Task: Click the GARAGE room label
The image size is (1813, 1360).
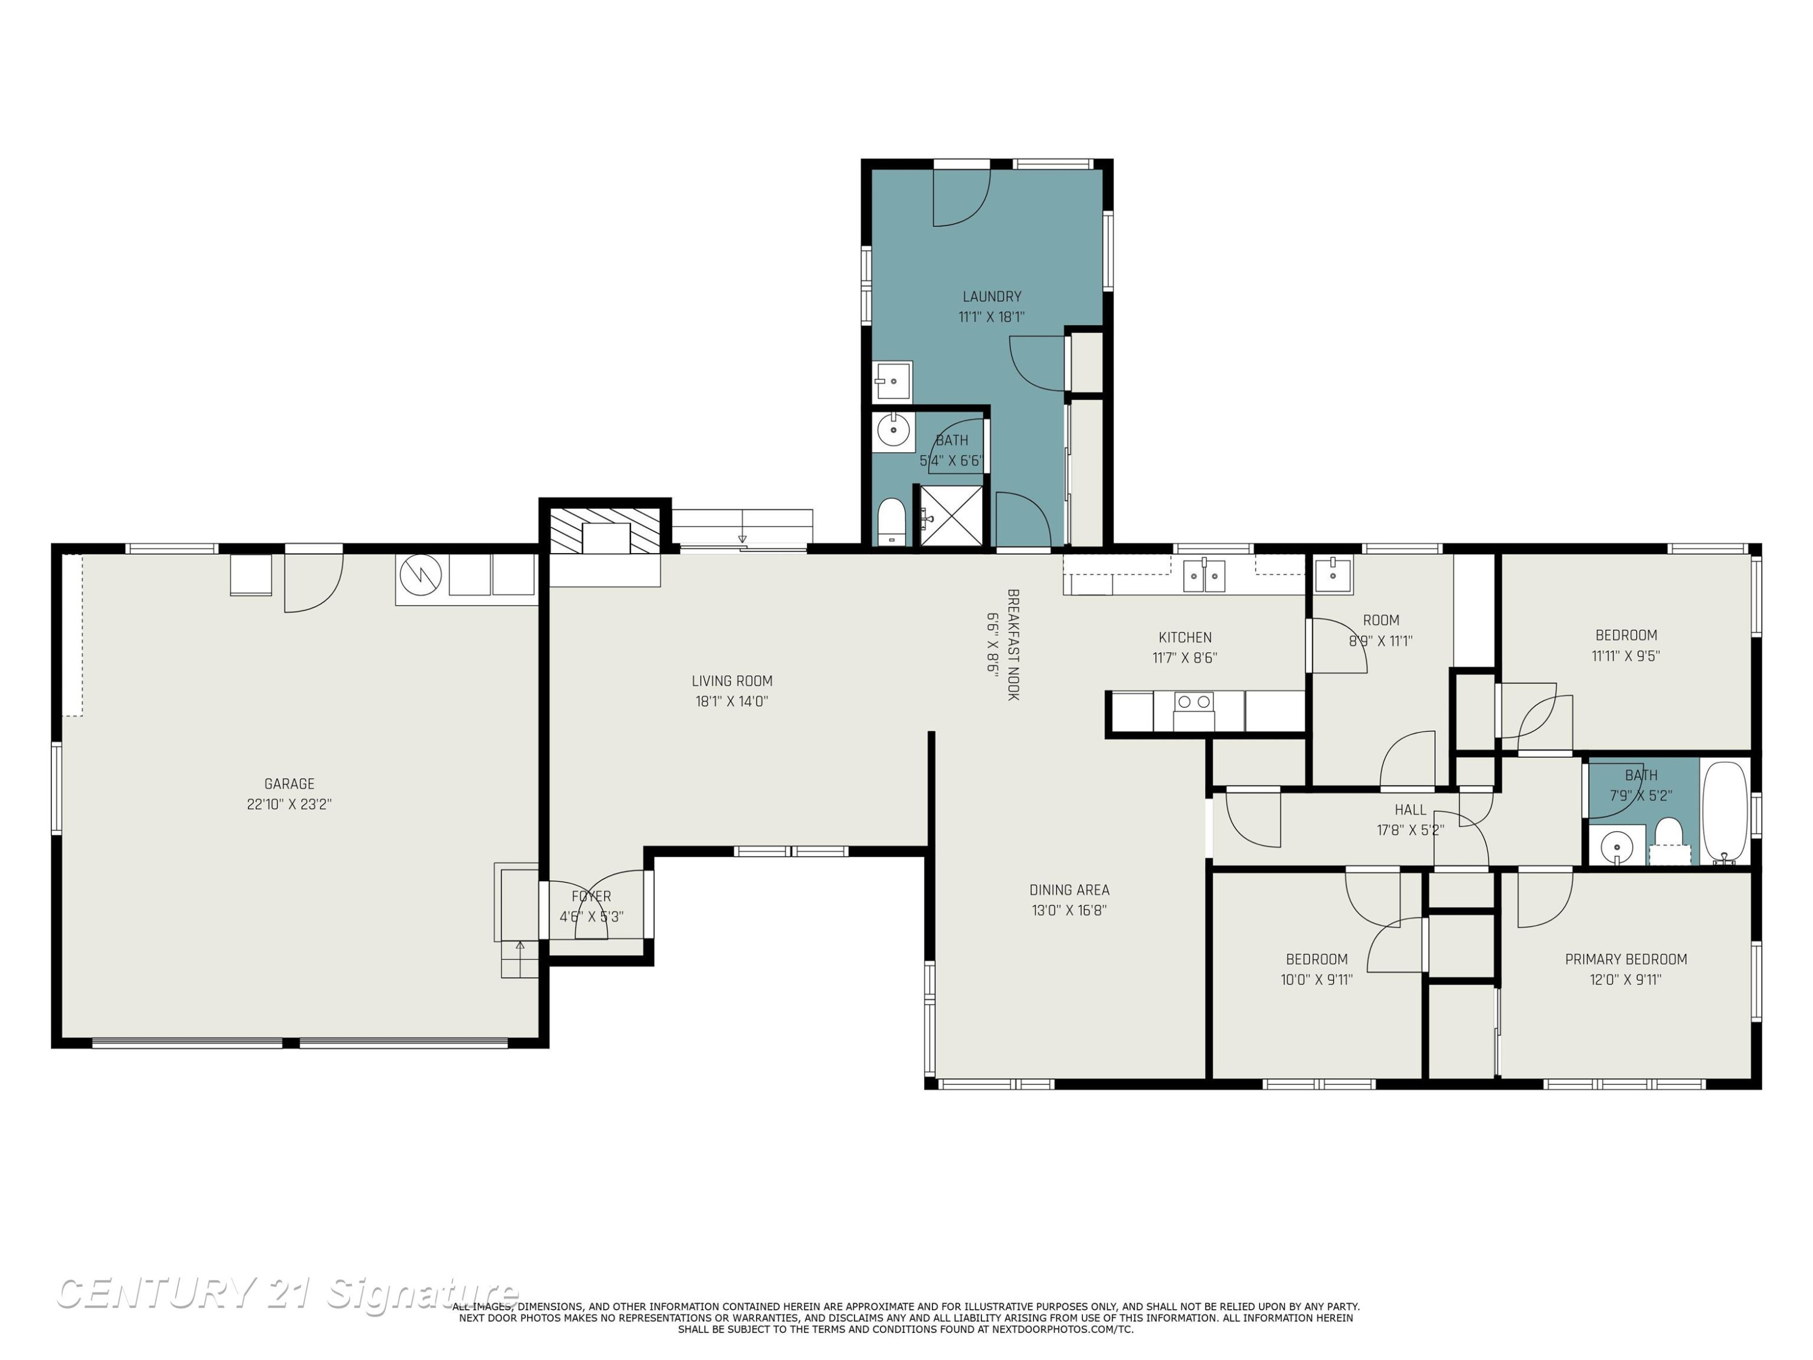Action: point(289,784)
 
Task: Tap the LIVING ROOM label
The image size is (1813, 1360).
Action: point(732,681)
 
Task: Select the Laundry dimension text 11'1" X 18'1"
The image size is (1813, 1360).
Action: point(992,317)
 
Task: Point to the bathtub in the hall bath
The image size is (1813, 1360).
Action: point(1726,811)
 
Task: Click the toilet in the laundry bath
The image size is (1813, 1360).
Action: point(891,522)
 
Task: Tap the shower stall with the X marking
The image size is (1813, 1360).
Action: point(950,516)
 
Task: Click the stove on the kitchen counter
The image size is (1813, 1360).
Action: point(1194,711)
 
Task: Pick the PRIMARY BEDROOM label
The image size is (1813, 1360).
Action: point(1626,959)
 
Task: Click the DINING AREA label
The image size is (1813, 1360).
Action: point(1070,890)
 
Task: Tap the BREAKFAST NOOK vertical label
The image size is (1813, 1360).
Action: point(1013,644)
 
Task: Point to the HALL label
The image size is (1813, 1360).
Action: point(1411,810)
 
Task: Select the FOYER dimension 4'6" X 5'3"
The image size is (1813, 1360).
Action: point(592,916)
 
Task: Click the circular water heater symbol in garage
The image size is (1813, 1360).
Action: point(421,576)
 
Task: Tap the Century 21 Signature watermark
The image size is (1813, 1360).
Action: point(287,1293)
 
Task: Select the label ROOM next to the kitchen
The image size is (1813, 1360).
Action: point(1381,621)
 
